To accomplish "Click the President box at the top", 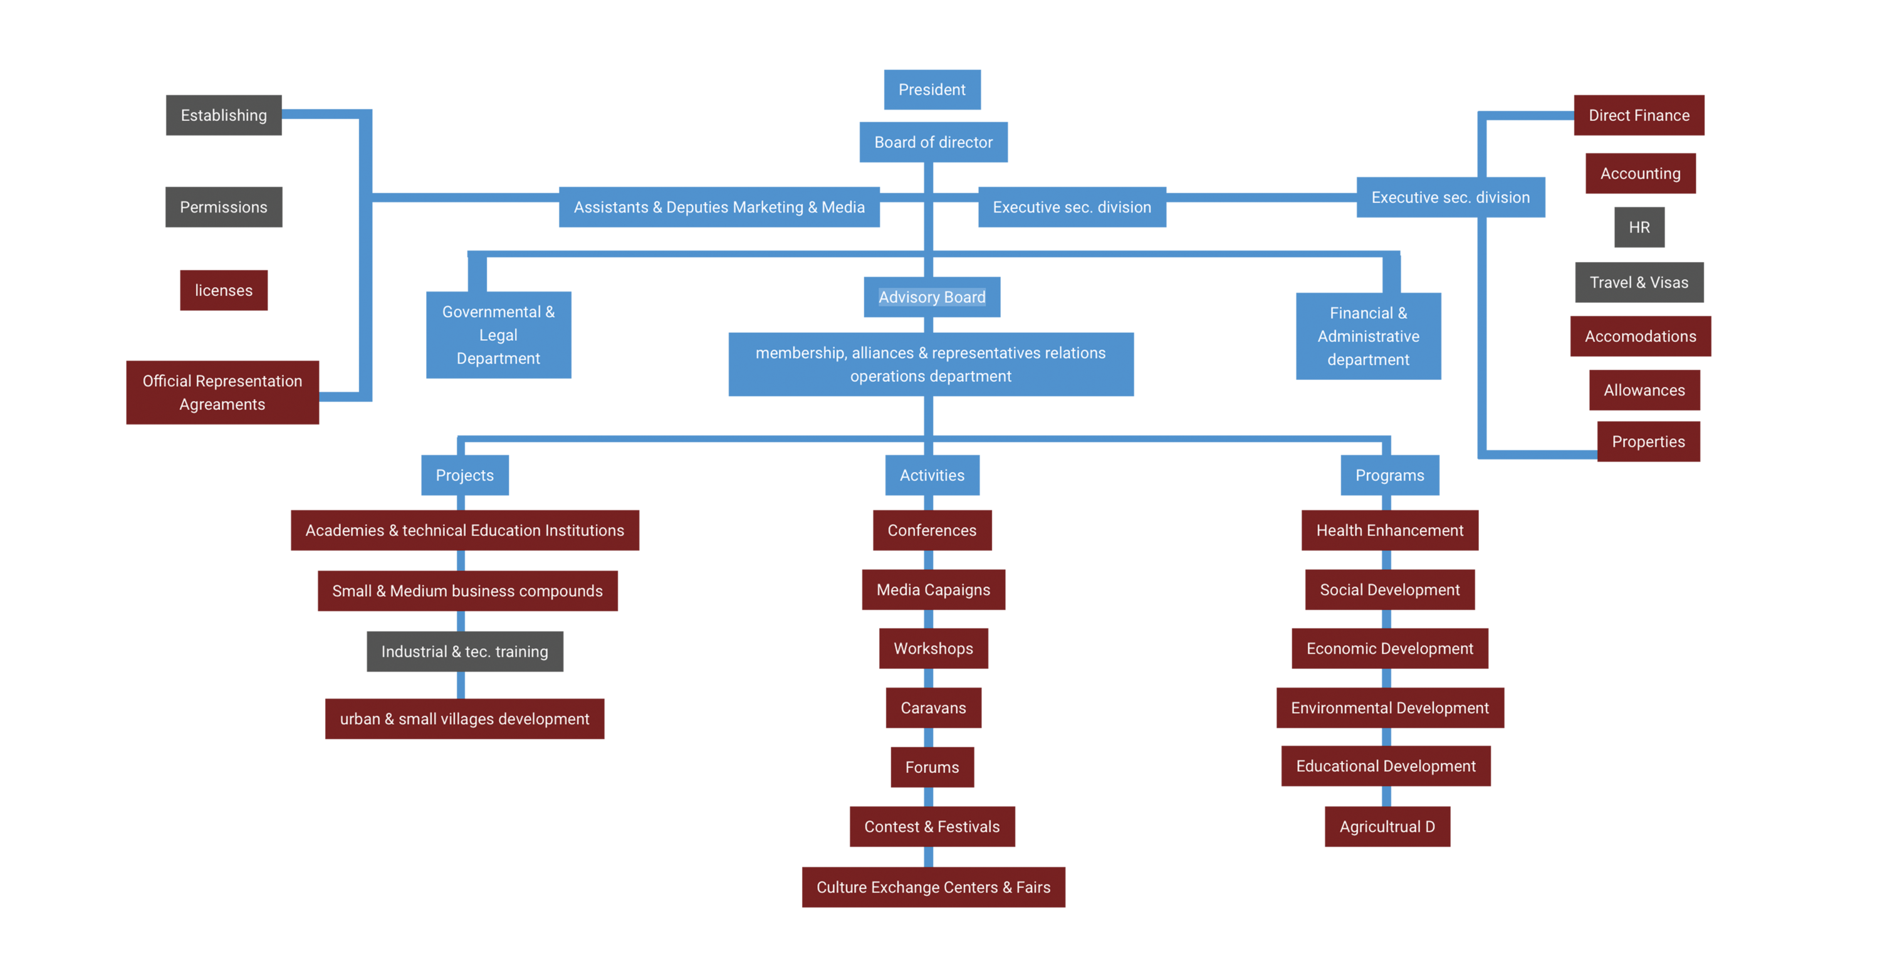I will [x=932, y=90].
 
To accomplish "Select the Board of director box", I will [x=934, y=142].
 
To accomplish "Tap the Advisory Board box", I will [x=931, y=297].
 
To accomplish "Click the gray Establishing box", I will [x=223, y=115].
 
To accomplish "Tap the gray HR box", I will [x=1639, y=228].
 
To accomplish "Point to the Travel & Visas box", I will [x=1639, y=283].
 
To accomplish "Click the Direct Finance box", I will [x=1639, y=115].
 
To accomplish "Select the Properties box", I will [x=1648, y=442].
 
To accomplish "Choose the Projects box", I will [x=464, y=475].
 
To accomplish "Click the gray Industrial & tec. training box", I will [x=464, y=651].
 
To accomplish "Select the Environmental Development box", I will [x=1389, y=708].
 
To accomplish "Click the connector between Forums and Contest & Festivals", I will [x=928, y=797].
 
